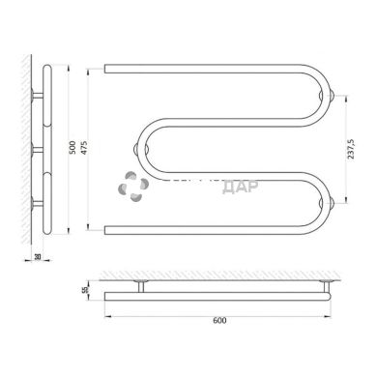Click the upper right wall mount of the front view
coord(333,95)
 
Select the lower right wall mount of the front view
coord(333,202)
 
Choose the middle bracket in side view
coord(36,149)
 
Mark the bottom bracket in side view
coord(36,202)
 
